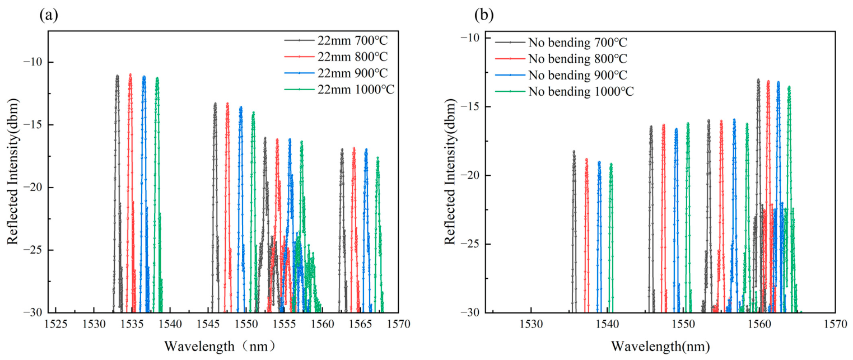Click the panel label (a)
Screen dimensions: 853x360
(x=49, y=15)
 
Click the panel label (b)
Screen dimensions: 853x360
(x=484, y=15)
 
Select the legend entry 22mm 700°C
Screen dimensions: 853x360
(x=336, y=40)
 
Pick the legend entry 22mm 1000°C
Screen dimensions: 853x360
(x=339, y=90)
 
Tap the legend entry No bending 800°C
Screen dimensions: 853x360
(x=561, y=59)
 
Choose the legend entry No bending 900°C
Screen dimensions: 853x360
(x=561, y=75)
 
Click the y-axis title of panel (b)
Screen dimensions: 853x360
(x=450, y=171)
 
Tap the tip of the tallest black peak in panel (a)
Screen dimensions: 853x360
(x=117, y=76)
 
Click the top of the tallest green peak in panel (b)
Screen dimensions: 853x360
(x=789, y=86)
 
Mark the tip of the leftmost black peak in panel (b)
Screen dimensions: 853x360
(x=574, y=151)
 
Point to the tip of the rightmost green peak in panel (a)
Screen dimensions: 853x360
(x=377, y=157)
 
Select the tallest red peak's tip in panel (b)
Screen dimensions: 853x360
(x=768, y=81)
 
